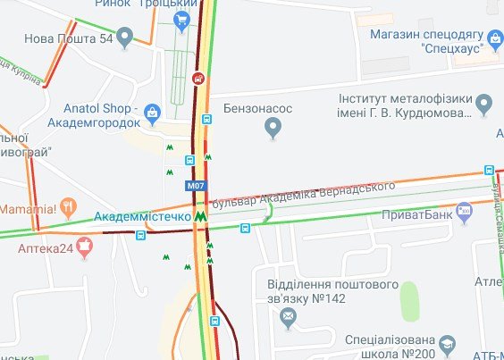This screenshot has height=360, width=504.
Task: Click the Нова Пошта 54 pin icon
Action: coord(125,38)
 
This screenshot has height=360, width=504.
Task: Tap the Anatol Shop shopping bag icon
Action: coord(153,112)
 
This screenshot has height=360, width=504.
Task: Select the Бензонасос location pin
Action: coord(274,129)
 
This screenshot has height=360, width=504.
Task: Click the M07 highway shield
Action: coord(196,186)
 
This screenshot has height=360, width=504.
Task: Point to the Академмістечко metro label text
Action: coord(142,216)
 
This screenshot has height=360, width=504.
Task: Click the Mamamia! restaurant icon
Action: coord(69,209)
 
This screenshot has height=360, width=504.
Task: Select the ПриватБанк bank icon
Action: coord(464,214)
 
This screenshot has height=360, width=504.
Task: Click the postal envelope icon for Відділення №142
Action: coord(288,316)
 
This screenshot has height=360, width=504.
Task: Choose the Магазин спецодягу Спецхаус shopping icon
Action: coord(495,38)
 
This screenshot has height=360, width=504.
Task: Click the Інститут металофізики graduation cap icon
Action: coord(483,105)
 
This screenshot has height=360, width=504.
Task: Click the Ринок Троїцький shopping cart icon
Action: coord(183,20)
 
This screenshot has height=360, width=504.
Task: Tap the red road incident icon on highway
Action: coord(197,77)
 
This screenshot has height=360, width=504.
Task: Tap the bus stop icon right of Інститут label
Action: coord(489,170)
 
